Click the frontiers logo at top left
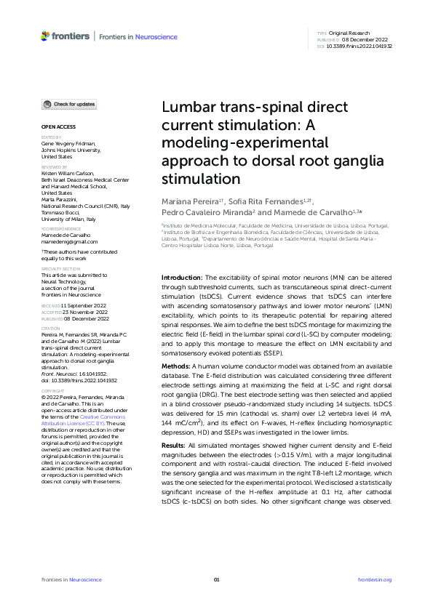(x=65, y=36)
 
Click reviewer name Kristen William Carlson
(x=71, y=174)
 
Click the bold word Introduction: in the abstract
(x=182, y=278)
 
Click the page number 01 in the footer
(x=216, y=579)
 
